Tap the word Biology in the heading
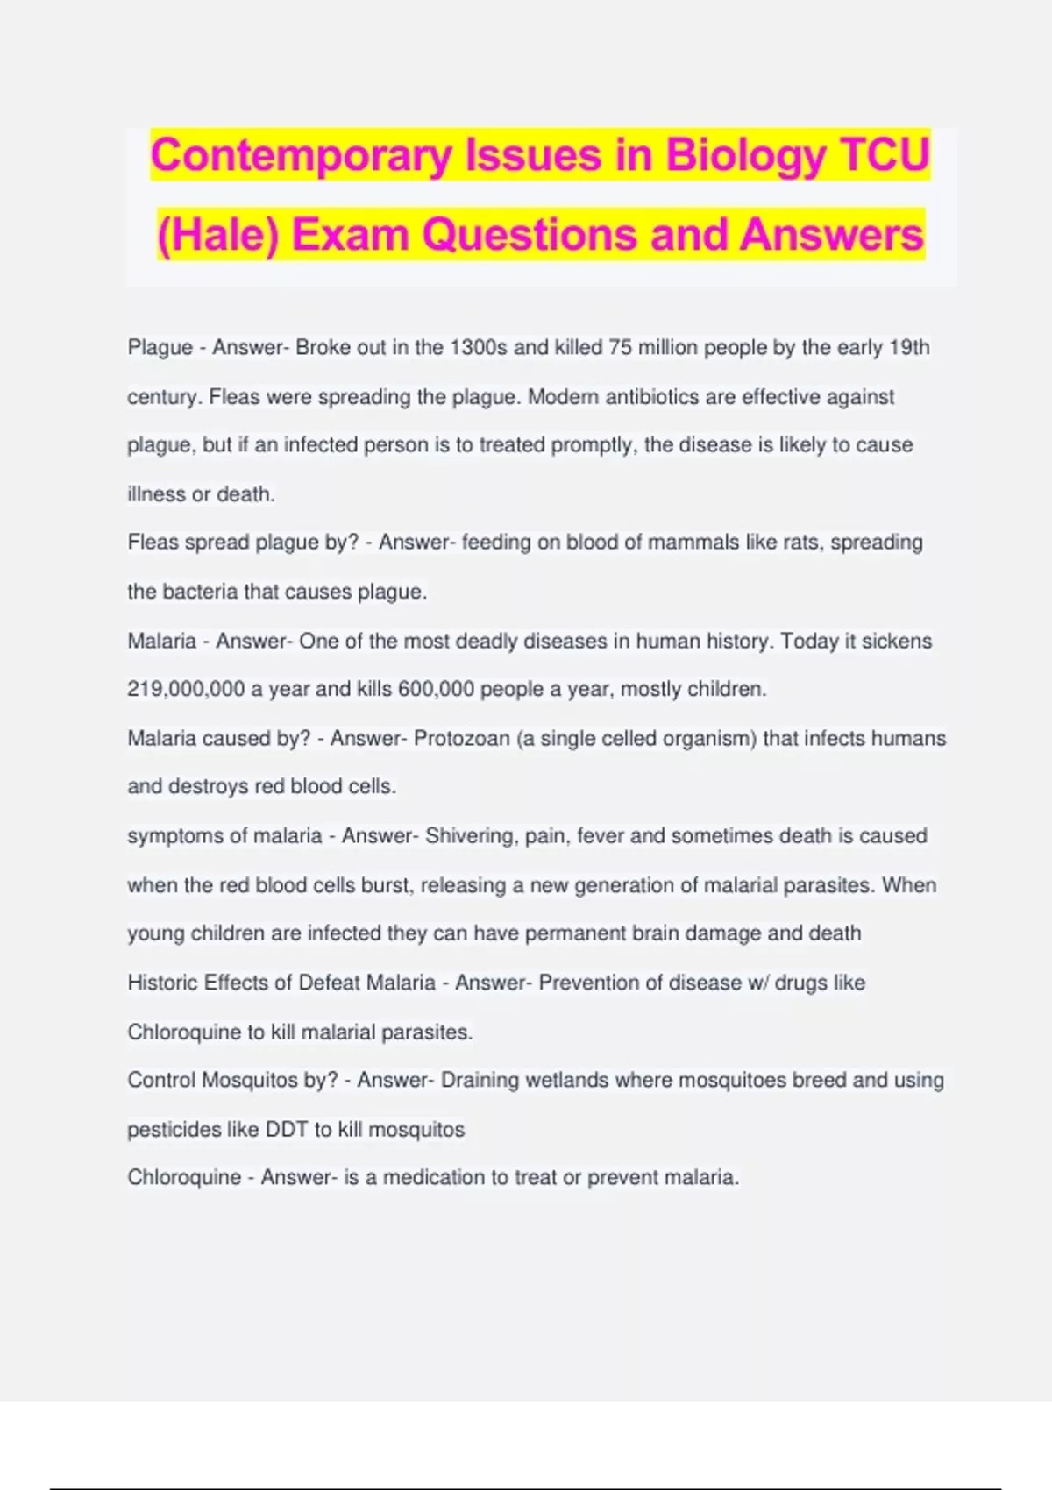coord(746,156)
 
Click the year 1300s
coord(479,348)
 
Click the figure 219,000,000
coord(186,690)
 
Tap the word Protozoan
coord(461,739)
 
